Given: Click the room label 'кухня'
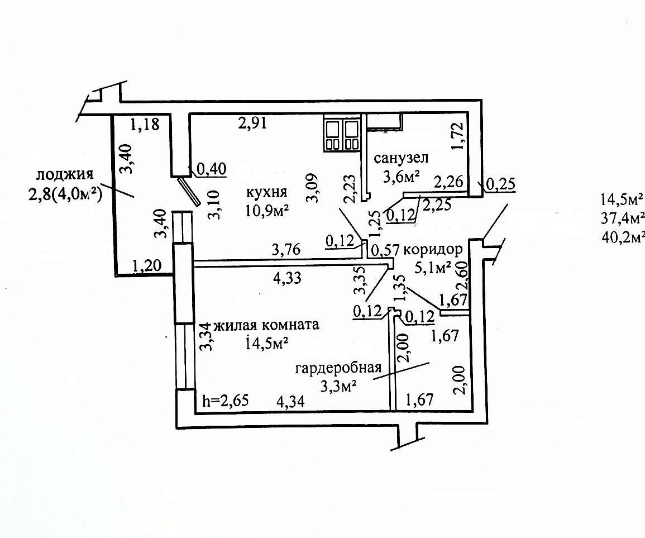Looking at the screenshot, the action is tap(266, 193).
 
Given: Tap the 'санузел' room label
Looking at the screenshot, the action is tap(401, 158).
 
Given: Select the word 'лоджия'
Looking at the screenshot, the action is tap(65, 174).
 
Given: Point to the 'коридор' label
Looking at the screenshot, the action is tap(433, 250).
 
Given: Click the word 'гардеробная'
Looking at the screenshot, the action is tap(338, 368).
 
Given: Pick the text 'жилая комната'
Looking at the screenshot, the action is tap(266, 325).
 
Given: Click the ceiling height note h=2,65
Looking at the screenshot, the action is tap(226, 401).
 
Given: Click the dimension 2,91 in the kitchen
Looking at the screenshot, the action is tap(252, 123).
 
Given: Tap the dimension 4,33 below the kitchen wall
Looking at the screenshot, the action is tap(287, 278).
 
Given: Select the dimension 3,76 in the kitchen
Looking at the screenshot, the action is tap(286, 250).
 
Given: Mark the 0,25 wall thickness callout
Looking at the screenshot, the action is tap(500, 184).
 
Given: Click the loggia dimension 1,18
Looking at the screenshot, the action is tap(145, 123).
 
